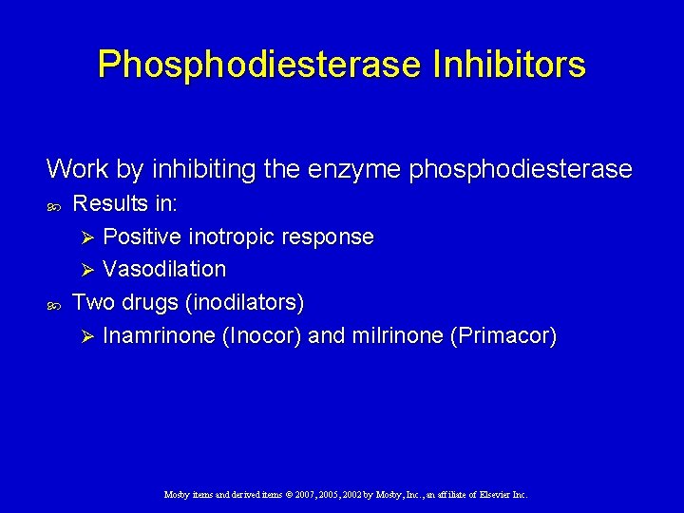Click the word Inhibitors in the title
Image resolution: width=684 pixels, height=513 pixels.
(508, 65)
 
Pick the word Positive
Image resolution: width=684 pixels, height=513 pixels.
(142, 237)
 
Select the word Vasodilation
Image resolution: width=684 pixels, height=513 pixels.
(164, 270)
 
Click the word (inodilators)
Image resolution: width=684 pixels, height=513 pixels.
(245, 303)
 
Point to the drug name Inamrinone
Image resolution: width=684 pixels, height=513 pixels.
(159, 336)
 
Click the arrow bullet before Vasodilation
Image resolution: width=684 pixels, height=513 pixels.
(88, 270)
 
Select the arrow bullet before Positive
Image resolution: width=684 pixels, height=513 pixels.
(88, 237)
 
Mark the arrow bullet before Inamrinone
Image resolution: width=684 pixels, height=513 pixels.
(88, 336)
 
